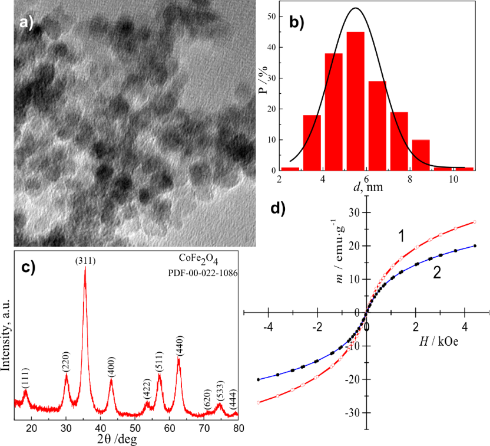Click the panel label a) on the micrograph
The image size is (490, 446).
tap(27, 23)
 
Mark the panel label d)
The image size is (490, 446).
tap(279, 208)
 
